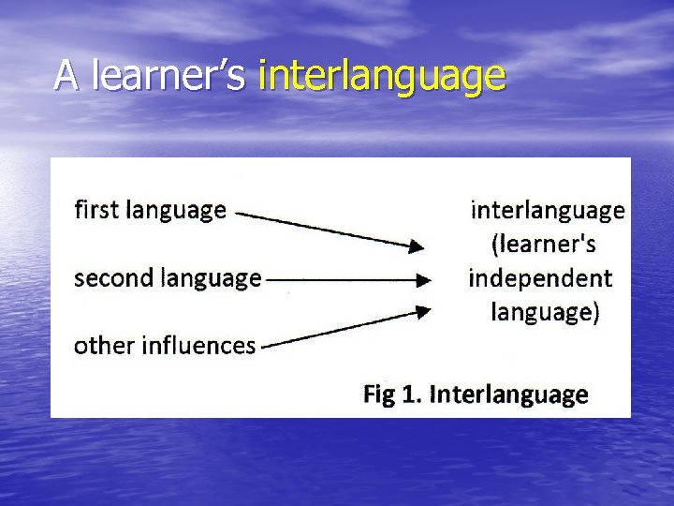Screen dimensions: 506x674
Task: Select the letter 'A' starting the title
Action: pos(65,75)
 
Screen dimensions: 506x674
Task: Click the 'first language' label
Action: pos(150,209)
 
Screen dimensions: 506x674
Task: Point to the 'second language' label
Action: pos(167,278)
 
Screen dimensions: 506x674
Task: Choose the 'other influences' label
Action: pos(164,346)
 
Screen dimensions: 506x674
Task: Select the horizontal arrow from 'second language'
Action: pos(346,279)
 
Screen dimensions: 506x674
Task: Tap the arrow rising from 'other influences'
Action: pos(342,329)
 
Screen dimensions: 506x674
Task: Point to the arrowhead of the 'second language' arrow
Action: pos(424,279)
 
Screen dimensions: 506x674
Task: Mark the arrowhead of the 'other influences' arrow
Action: pos(423,311)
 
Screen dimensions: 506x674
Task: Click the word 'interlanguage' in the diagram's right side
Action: pos(547,210)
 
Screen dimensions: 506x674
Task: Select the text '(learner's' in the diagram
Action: pos(544,245)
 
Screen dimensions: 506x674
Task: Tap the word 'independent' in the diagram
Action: pos(540,278)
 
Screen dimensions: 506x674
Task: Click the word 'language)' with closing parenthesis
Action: pos(545,312)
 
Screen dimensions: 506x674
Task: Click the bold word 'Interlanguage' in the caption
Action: pos(508,394)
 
